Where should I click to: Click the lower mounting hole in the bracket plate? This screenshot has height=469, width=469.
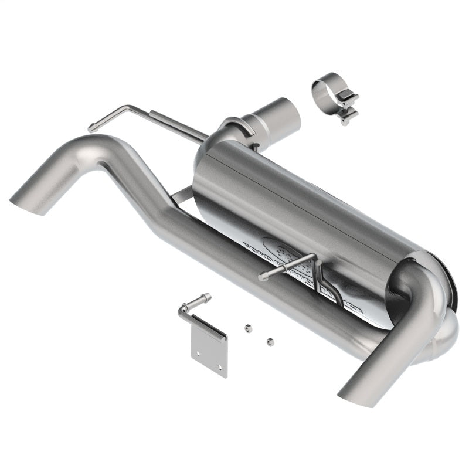[220, 366]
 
